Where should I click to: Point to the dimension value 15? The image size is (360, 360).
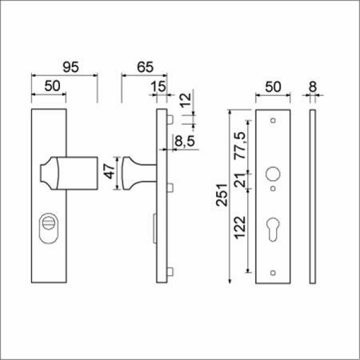[158, 86]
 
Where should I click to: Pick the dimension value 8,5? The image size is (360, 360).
[184, 142]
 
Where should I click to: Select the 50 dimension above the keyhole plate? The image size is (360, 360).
[274, 86]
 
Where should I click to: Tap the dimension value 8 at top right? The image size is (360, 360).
[313, 86]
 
